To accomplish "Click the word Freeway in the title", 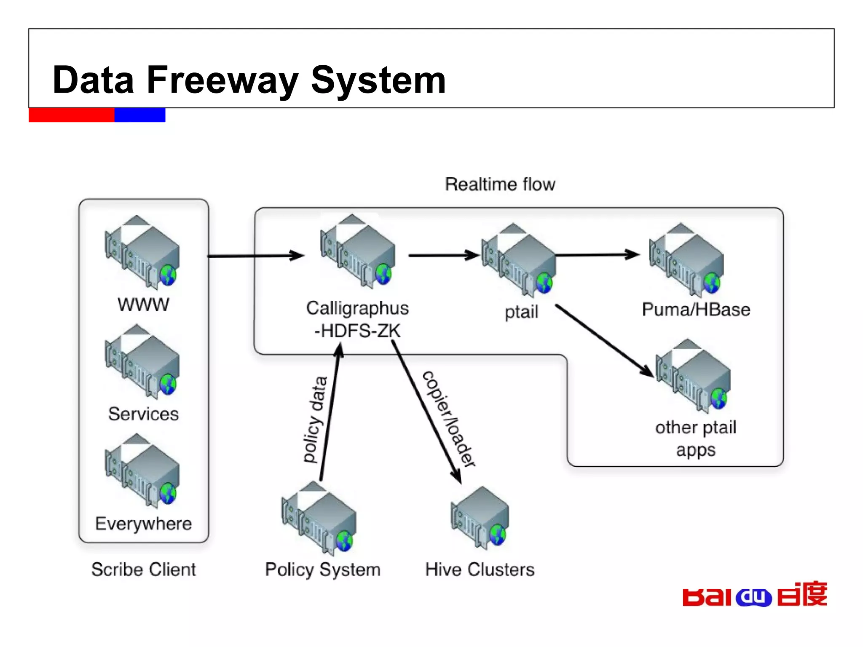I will [x=222, y=80].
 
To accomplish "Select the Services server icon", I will [x=142, y=361].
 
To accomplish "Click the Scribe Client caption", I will [x=144, y=569].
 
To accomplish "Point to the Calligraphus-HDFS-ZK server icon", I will [x=358, y=251].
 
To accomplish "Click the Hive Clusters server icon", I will [x=480, y=518].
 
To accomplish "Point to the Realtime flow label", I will [x=500, y=184].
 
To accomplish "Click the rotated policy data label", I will [x=316, y=420].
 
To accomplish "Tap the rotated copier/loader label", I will [x=449, y=419].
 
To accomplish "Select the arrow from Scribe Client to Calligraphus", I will [x=255, y=256].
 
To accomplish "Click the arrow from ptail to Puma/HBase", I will [x=598, y=255].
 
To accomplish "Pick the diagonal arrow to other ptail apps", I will [x=605, y=340].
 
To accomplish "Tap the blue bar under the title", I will [x=140, y=115].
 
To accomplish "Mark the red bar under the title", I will [x=71, y=115].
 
